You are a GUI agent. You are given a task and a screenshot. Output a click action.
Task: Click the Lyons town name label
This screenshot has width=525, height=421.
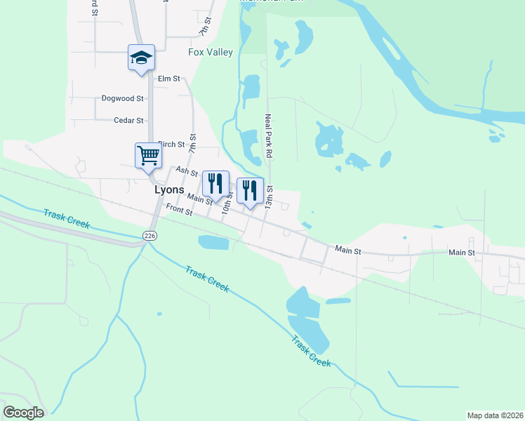click(x=169, y=189)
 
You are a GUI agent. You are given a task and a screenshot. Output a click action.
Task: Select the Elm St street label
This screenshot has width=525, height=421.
click(x=169, y=79)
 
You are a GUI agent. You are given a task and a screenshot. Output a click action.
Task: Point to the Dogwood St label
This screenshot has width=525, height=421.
click(x=122, y=99)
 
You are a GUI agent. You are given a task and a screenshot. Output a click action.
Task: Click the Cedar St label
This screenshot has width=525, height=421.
click(x=128, y=121)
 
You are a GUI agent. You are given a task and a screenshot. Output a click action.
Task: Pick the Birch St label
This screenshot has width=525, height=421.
click(x=171, y=145)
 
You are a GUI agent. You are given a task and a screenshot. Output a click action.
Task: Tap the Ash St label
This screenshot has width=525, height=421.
click(x=187, y=171)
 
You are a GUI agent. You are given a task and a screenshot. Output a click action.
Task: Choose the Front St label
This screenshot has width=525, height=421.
click(x=180, y=209)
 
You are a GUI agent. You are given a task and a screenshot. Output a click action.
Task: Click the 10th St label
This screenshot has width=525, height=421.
click(x=227, y=204)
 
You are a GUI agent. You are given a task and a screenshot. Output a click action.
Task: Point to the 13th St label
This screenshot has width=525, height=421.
click(x=270, y=197)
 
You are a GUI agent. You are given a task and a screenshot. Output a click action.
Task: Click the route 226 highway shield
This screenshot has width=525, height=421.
click(x=149, y=235)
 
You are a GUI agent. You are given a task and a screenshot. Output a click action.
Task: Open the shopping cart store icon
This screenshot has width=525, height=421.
click(x=148, y=155)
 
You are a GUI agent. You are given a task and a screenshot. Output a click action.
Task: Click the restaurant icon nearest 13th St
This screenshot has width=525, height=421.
click(x=250, y=190)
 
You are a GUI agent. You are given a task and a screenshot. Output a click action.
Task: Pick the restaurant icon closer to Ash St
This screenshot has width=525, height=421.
click(x=215, y=183)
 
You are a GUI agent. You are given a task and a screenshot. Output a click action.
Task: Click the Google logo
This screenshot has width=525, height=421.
click(x=23, y=413)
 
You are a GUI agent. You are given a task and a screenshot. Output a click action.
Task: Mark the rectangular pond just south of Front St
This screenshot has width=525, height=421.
click(x=213, y=243)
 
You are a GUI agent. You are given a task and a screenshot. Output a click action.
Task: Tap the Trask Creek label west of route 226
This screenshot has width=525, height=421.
click(x=67, y=218)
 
